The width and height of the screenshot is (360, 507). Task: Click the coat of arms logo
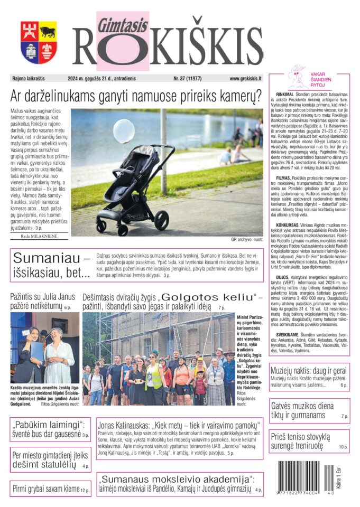[x=39, y=42]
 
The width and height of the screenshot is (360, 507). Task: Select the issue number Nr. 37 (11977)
[x=189, y=78]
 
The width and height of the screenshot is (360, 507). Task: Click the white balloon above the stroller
[x=124, y=131]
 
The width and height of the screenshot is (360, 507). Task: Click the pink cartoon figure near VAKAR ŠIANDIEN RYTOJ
[x=297, y=79]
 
